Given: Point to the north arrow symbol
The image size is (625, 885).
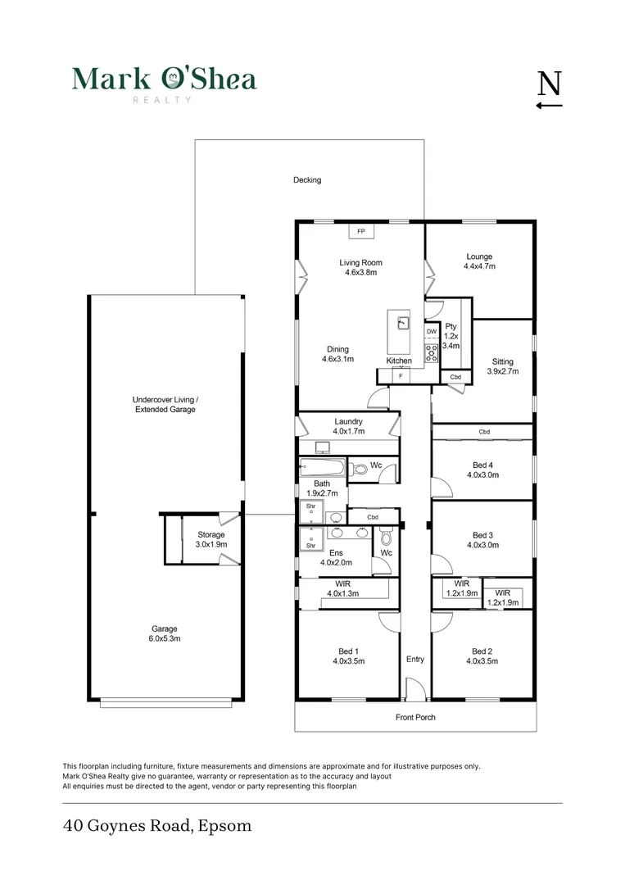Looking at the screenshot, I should [550, 90].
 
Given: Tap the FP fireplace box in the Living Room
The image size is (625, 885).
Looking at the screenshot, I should [360, 232].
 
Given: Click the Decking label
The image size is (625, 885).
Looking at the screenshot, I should [307, 180].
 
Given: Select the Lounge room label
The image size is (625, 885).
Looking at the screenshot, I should [479, 256].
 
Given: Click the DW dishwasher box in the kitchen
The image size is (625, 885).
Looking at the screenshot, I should [432, 332].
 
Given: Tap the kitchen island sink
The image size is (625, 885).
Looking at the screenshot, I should [402, 322].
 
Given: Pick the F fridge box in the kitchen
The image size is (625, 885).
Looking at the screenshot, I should [401, 376].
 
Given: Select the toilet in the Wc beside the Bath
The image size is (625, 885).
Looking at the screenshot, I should [358, 470].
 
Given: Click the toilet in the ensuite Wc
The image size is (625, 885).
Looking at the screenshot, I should [387, 538].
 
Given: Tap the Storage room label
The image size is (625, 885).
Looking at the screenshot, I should [211, 535].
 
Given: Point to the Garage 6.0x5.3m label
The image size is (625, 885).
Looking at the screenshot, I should [165, 634].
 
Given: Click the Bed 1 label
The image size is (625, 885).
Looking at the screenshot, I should [348, 651].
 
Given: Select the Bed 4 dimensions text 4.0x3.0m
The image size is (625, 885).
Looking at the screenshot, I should [482, 474].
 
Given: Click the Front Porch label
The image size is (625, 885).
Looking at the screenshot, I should [415, 718].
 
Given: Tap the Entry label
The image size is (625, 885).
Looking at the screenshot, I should [415, 659].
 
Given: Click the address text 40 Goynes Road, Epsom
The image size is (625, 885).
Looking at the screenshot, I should [157, 826].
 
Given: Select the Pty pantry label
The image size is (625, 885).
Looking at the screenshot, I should [451, 326].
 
